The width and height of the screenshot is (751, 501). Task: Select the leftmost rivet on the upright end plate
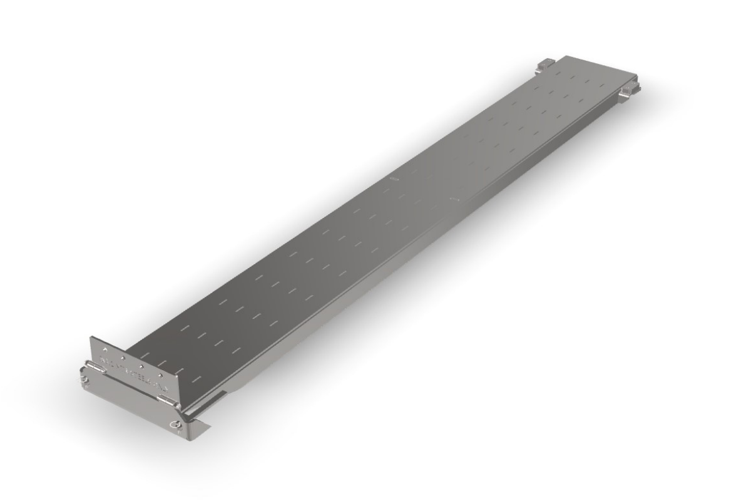pyautogui.click(x=105, y=350)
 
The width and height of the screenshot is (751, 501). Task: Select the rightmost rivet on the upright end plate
pyautogui.click(x=161, y=376)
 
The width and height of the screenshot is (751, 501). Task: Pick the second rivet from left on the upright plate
pyautogui.click(x=123, y=358)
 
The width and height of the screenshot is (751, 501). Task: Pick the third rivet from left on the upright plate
pyautogui.click(x=142, y=367)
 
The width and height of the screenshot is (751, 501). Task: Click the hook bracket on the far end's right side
pyautogui.click(x=629, y=90)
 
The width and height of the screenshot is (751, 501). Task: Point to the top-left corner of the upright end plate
pyautogui.click(x=91, y=338)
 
